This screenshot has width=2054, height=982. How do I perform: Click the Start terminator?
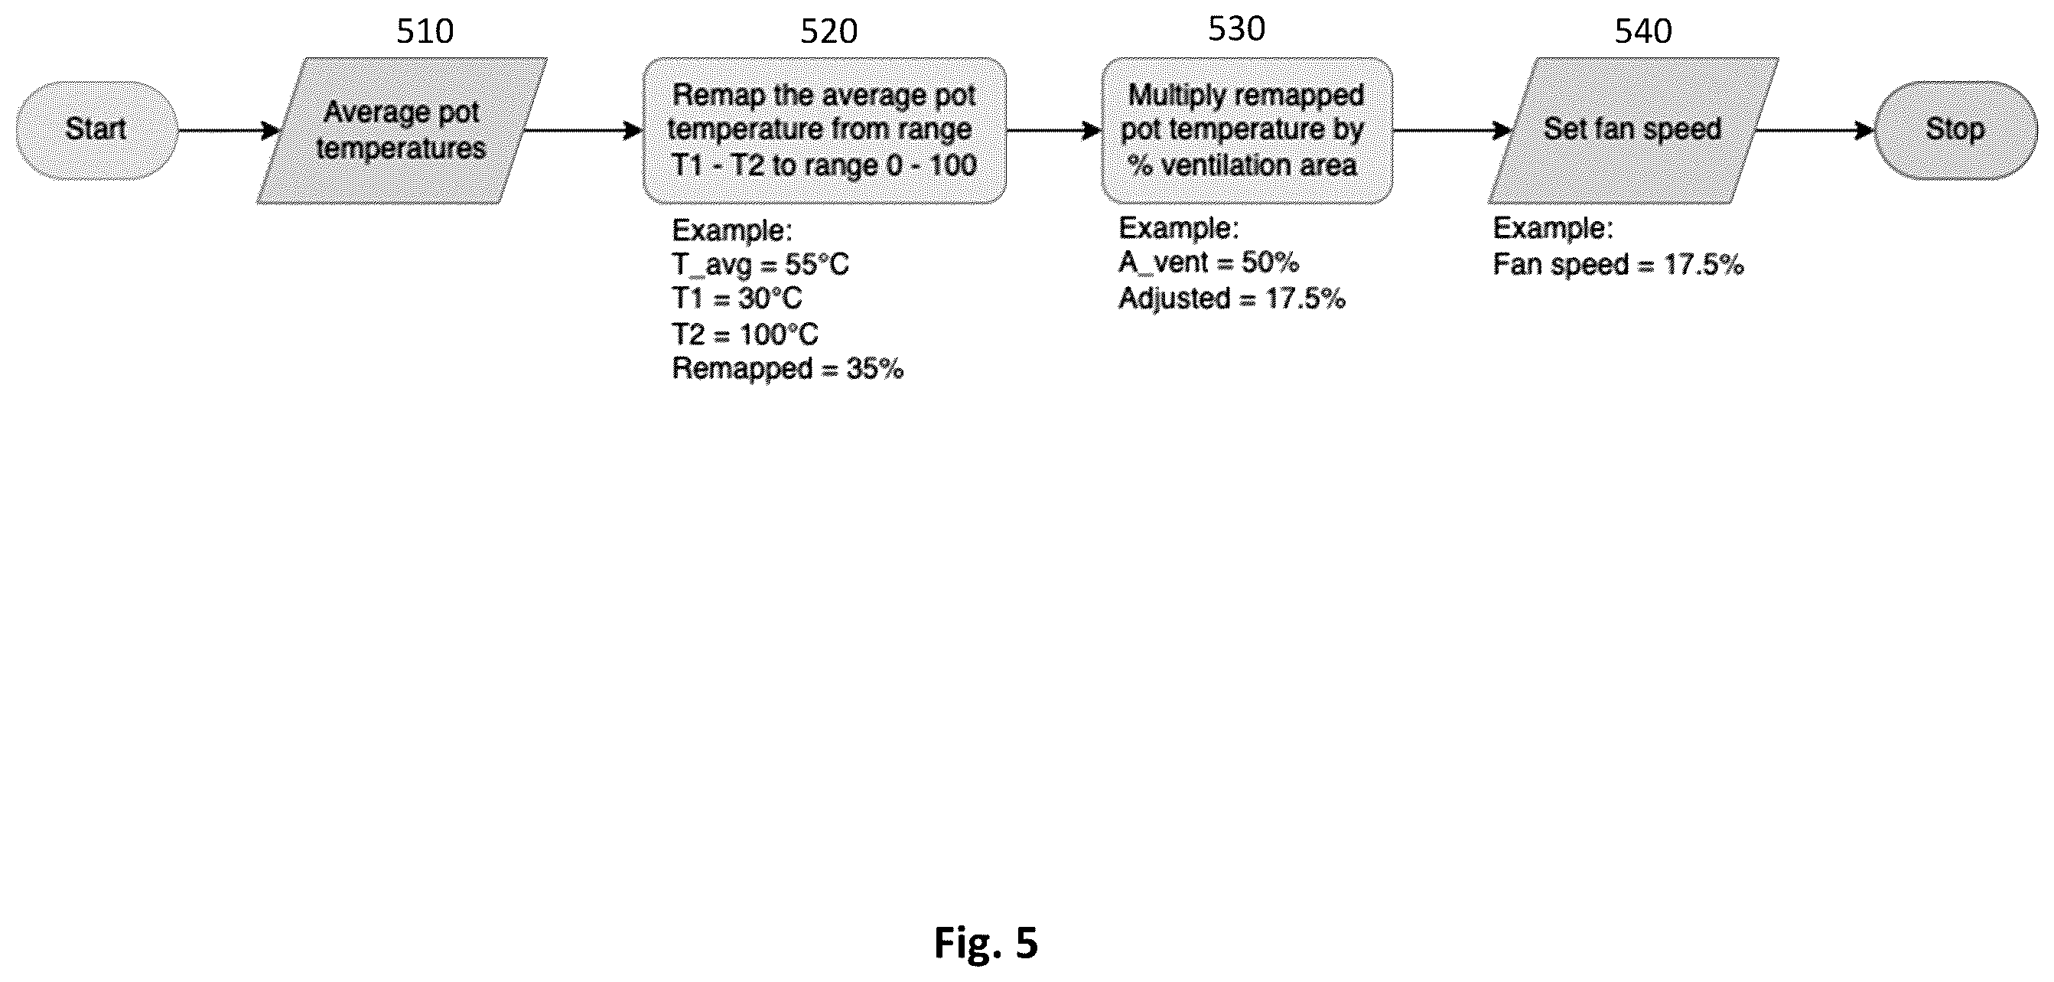pos(96,130)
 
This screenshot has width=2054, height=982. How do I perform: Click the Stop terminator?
pos(1955,130)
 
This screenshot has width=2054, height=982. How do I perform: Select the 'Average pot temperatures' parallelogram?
pos(402,131)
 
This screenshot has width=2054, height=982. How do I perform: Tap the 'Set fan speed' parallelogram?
pos(1633,131)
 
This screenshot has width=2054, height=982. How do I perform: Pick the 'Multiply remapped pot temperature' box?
pos(1247,131)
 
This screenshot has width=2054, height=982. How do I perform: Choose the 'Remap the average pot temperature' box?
pos(825,131)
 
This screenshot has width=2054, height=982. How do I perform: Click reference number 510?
pos(425,32)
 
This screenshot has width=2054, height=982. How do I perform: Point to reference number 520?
pos(829,32)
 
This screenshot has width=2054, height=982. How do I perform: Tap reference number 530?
pos(1237,29)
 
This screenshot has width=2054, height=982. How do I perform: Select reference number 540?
pos(1643,31)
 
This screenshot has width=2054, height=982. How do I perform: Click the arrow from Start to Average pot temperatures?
pos(229,130)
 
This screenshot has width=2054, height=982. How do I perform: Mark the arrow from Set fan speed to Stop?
pos(1815,130)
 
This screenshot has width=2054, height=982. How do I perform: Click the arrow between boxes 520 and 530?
pos(1054,130)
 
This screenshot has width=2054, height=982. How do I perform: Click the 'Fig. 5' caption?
pos(985,943)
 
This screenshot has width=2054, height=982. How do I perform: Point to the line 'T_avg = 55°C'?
pos(760,264)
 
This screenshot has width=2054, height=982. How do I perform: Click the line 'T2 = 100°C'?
pos(746,334)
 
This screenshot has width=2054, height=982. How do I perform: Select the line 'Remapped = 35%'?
pos(788,369)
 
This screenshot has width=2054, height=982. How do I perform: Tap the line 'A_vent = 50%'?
pos(1209,263)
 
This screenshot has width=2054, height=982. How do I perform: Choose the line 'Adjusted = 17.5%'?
pos(1232,299)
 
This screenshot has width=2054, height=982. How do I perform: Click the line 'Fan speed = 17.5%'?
pos(1619,264)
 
